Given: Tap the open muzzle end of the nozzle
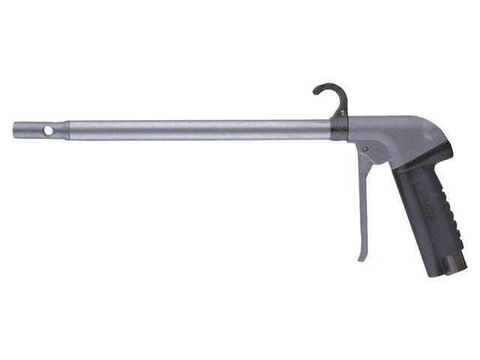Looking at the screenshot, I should [x=14, y=129].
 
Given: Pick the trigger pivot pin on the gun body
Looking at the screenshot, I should [x=364, y=151].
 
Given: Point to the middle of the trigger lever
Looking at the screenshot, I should [x=363, y=202].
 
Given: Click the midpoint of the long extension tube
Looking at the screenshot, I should [x=199, y=129].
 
